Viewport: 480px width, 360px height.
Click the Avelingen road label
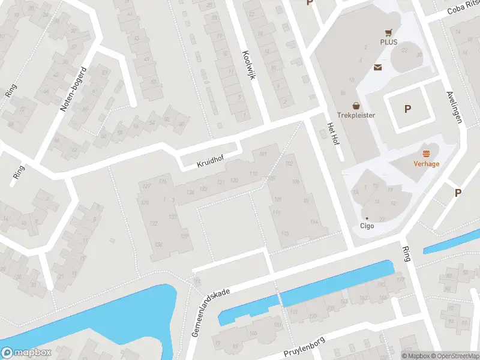click(x=455, y=107)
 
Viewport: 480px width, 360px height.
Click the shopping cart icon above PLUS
click(x=389, y=32)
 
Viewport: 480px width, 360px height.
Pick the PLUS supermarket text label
click(x=389, y=42)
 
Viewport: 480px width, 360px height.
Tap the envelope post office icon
click(x=378, y=67)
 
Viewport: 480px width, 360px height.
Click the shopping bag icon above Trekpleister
click(x=356, y=105)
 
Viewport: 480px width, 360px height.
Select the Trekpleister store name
click(x=356, y=115)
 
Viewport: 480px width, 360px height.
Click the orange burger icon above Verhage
click(x=427, y=154)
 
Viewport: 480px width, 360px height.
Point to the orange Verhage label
click(x=427, y=163)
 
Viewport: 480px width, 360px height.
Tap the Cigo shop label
click(x=367, y=226)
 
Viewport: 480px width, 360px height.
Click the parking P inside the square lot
click(x=408, y=109)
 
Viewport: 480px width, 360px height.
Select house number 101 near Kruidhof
click(x=262, y=155)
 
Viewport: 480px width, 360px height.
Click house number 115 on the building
click(x=285, y=233)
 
